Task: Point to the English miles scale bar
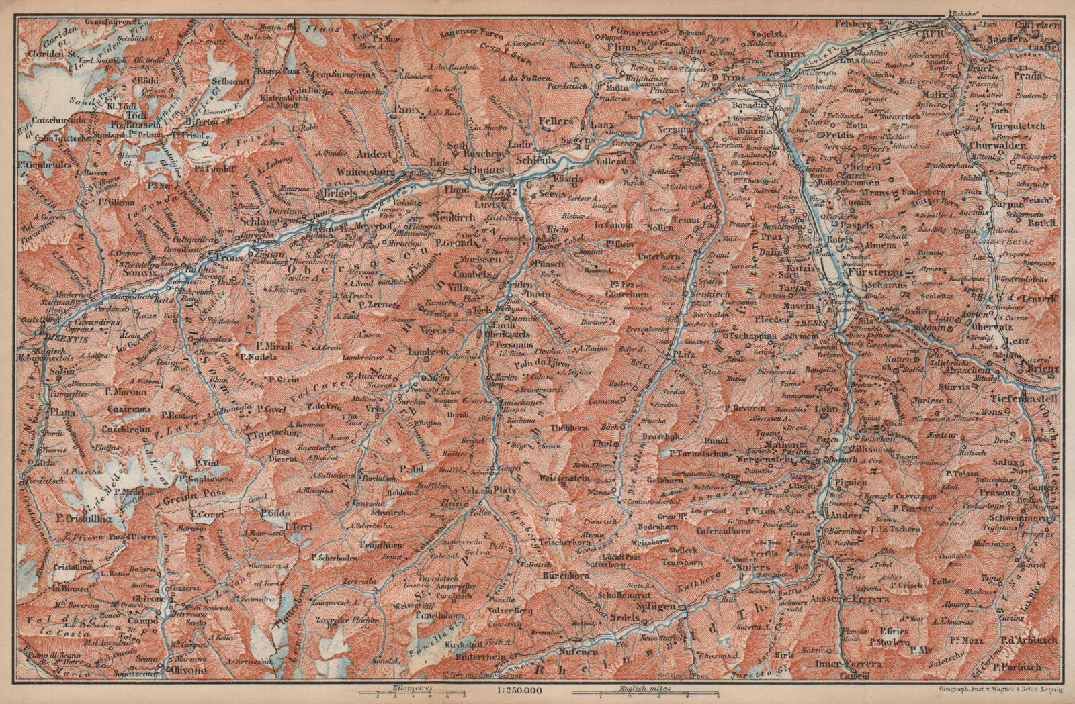pos(643,693)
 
